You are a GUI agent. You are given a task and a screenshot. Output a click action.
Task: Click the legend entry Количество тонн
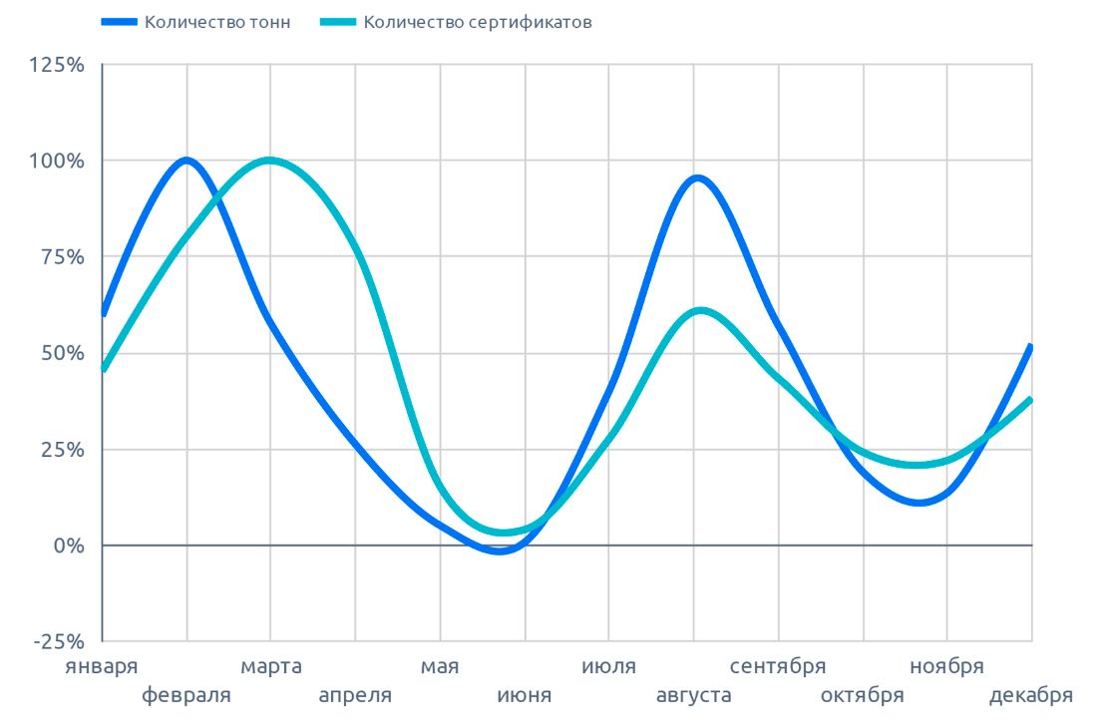217,22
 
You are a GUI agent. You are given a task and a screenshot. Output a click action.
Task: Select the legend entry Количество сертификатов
477,22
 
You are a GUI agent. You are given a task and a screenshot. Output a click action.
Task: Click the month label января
102,666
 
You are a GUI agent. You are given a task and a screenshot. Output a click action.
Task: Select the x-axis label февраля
186,695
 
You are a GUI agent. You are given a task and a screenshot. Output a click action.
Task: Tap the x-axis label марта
270,666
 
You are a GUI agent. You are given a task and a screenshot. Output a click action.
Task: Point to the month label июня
525,695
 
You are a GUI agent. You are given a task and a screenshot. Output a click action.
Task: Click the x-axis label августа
694,695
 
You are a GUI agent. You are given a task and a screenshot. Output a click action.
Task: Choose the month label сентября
778,666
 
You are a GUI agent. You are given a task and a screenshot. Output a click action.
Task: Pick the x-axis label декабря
1031,695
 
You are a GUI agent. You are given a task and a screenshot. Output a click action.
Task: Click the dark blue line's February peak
186,161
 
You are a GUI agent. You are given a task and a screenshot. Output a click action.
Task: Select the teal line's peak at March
270,161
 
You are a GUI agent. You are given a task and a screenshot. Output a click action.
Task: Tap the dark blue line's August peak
697,179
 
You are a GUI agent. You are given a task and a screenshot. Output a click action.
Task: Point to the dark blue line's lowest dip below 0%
502,550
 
